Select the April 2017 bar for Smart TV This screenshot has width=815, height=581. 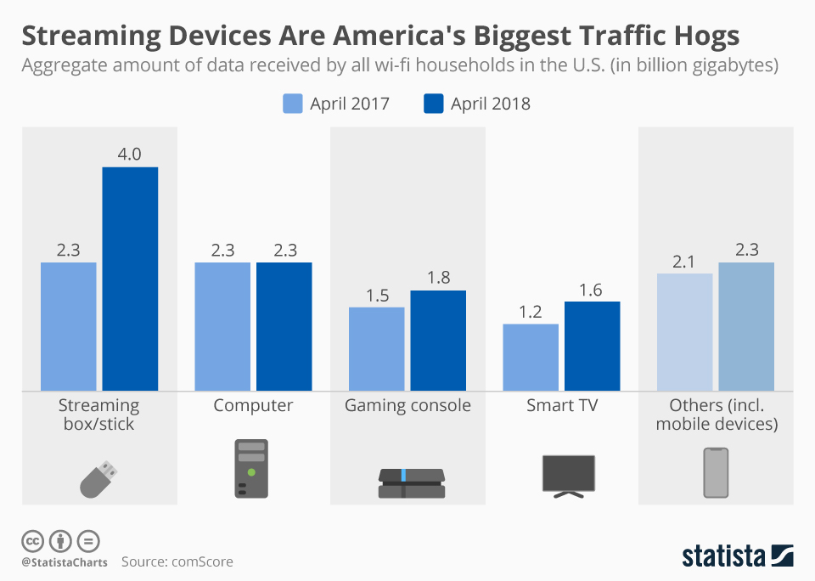tap(531, 357)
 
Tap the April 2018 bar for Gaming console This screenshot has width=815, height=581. tap(438, 340)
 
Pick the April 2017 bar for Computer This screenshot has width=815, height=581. tap(222, 326)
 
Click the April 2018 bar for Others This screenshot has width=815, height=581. tap(746, 326)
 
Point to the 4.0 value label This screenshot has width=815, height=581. tap(130, 155)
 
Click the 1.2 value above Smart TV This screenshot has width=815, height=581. tap(531, 312)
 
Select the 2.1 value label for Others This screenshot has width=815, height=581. tap(684, 262)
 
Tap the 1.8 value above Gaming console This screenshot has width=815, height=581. tap(438, 279)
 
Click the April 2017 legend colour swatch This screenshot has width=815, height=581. tap(293, 104)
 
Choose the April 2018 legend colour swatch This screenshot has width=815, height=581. tap(433, 104)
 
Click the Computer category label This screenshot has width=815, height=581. tap(253, 405)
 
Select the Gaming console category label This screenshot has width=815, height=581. tap(407, 405)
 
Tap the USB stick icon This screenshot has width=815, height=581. tap(100, 478)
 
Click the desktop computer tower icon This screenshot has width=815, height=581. tap(251, 468)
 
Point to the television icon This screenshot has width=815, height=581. tap(568, 476)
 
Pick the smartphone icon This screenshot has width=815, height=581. tap(716, 472)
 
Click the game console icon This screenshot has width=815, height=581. tap(411, 482)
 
